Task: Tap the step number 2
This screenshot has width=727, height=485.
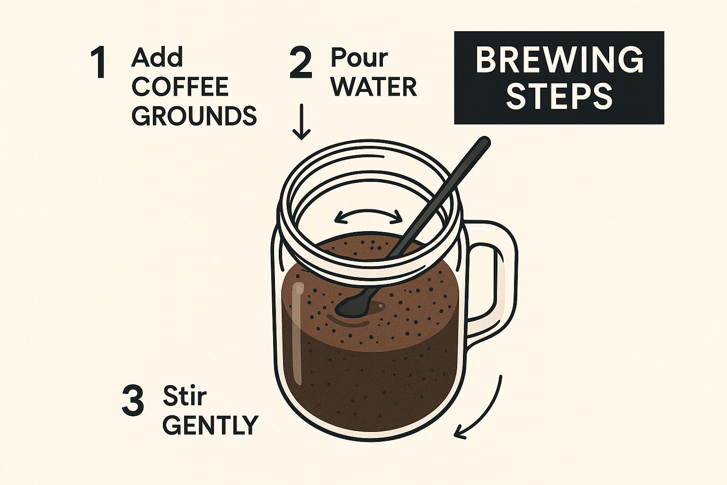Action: click(301, 63)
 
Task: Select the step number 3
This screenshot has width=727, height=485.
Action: click(133, 401)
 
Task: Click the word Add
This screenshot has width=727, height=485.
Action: click(157, 57)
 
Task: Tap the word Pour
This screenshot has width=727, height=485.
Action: click(359, 58)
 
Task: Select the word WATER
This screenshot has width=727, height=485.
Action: click(373, 87)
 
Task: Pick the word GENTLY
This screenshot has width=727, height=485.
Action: click(211, 425)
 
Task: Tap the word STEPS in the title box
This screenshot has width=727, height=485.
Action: click(559, 97)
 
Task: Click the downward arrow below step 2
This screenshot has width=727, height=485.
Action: click(301, 122)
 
